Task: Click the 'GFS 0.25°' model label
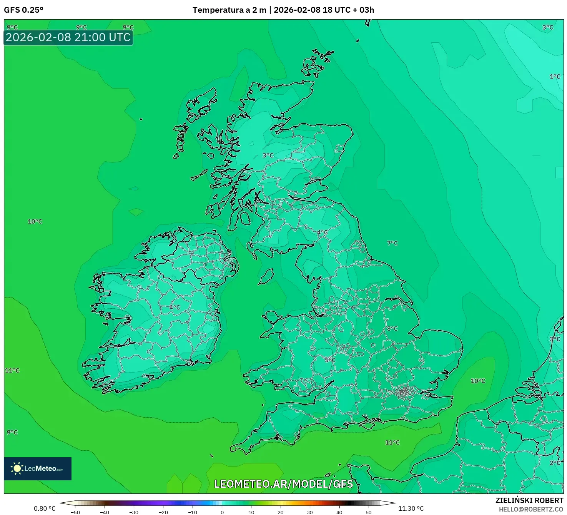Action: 23,10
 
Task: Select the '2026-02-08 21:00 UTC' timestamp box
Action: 68,38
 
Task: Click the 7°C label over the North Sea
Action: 392,243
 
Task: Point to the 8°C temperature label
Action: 392,329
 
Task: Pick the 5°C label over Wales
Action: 330,360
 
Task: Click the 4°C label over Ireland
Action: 175,308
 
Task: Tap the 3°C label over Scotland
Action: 268,156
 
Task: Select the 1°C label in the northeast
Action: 555,77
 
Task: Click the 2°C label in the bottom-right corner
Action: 555,463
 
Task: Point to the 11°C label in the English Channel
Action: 392,443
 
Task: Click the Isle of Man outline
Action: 266,277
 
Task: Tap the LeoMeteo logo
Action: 38,468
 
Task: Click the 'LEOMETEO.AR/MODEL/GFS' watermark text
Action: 283,484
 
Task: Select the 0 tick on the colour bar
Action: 222,512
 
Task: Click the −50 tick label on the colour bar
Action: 75,512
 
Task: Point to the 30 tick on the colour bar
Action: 310,512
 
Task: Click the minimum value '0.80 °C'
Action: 45,508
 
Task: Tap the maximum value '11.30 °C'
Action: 411,508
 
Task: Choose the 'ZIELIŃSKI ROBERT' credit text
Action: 529,500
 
